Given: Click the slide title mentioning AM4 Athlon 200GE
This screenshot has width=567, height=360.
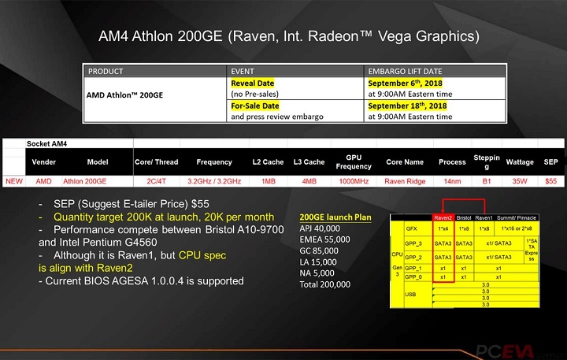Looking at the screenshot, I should (x=288, y=36).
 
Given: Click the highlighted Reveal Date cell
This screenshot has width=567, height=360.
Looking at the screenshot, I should (x=253, y=82).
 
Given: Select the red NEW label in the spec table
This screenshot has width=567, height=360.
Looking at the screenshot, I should (x=14, y=181).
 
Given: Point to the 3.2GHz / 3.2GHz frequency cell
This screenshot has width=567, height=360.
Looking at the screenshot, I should (x=213, y=181).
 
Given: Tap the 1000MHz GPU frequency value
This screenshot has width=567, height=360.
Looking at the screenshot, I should (x=354, y=181).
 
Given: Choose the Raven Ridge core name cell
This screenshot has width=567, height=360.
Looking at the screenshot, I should (x=404, y=181).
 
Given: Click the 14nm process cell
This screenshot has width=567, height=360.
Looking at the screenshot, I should (x=452, y=181).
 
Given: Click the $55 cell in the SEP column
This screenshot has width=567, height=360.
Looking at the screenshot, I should (x=550, y=181).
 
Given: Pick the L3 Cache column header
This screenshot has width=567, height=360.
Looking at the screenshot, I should (x=308, y=161).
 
